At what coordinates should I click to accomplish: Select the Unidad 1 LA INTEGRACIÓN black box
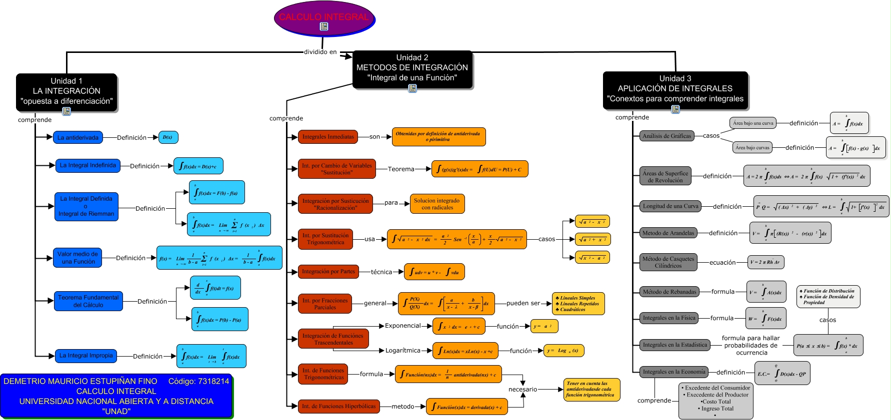66,91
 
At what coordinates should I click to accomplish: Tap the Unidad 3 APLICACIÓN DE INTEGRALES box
675,88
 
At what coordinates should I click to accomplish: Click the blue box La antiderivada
78,137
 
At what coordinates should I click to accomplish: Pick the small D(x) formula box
168,137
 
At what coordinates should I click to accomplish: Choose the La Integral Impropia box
86,356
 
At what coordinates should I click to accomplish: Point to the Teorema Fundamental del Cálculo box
88,301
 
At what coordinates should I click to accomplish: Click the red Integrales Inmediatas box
328,137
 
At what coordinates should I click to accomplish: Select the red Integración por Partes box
328,272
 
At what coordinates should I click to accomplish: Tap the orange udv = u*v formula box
434,272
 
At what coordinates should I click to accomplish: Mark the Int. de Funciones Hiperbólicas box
338,407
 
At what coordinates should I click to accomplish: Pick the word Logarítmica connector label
402,351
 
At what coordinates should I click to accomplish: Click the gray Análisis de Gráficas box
666,136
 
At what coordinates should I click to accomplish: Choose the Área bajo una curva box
752,123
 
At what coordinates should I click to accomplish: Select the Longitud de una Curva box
670,206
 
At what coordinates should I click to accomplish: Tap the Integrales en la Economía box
673,372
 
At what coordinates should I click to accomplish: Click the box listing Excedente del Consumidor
715,401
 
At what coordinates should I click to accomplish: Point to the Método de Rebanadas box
669,292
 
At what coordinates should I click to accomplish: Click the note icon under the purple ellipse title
324,26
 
